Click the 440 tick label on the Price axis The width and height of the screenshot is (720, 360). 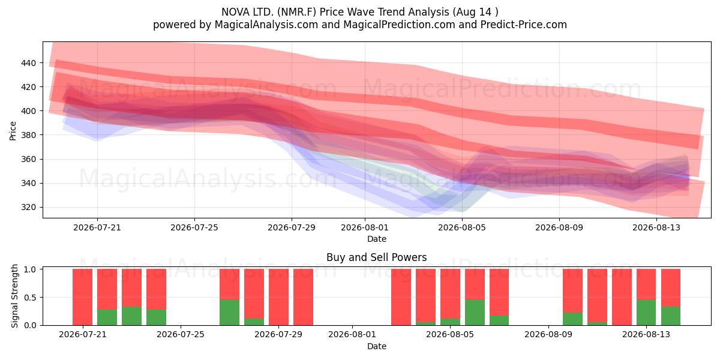[x=28, y=63]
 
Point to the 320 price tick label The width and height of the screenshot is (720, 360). [x=28, y=208]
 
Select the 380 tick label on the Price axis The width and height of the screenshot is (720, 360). [x=28, y=135]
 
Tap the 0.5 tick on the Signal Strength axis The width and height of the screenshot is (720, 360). [x=30, y=298]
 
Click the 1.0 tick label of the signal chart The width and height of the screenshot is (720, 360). [x=30, y=269]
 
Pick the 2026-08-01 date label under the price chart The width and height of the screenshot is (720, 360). [x=365, y=227]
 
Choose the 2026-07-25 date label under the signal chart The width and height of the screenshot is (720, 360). [x=181, y=335]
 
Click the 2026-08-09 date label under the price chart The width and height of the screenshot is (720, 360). [x=559, y=227]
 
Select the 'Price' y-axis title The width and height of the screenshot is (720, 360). [x=13, y=131]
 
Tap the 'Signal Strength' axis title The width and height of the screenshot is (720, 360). [x=14, y=296]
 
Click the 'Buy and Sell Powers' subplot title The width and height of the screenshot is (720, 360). [x=377, y=257]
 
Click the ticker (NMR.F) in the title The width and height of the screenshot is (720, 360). [x=296, y=12]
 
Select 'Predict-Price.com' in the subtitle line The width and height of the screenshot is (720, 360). [x=524, y=25]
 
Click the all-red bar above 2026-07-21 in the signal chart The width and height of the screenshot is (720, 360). [x=83, y=297]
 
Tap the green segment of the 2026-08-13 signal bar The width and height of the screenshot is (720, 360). [x=646, y=313]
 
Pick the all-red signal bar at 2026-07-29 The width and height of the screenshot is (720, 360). [x=278, y=297]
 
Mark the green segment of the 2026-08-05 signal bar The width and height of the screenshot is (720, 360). [x=451, y=322]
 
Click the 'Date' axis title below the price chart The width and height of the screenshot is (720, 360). [x=377, y=239]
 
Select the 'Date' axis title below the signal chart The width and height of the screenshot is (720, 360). [x=377, y=347]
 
